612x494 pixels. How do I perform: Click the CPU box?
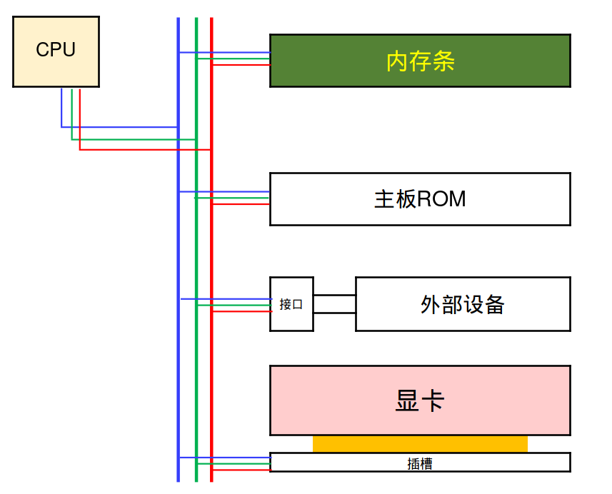(56, 51)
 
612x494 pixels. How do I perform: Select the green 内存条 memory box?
(420, 61)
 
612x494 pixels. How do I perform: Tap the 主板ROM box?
(420, 198)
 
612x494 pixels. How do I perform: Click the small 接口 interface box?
(291, 304)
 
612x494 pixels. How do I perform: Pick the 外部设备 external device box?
(463, 304)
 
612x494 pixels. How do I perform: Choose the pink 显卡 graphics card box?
(420, 400)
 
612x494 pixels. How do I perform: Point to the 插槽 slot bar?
(420, 463)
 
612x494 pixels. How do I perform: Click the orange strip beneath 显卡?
(420, 444)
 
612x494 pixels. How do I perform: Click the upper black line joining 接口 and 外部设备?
(334, 295)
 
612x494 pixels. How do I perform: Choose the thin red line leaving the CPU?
(143, 150)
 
